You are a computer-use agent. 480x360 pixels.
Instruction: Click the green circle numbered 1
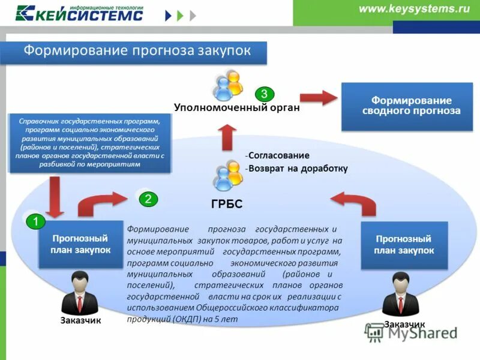pos(35,222)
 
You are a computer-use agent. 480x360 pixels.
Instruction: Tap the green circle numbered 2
pos(148,199)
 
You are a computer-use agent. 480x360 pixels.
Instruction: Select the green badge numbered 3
pos(265,94)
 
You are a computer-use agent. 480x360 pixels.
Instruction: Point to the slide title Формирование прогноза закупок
pos(137,50)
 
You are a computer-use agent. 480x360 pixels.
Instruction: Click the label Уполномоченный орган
pos(236,109)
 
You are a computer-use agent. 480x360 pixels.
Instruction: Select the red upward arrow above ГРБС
pos(227,137)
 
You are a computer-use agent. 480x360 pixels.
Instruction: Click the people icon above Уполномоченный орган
pos(228,85)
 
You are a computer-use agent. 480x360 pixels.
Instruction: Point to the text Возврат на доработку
pos(298,169)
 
